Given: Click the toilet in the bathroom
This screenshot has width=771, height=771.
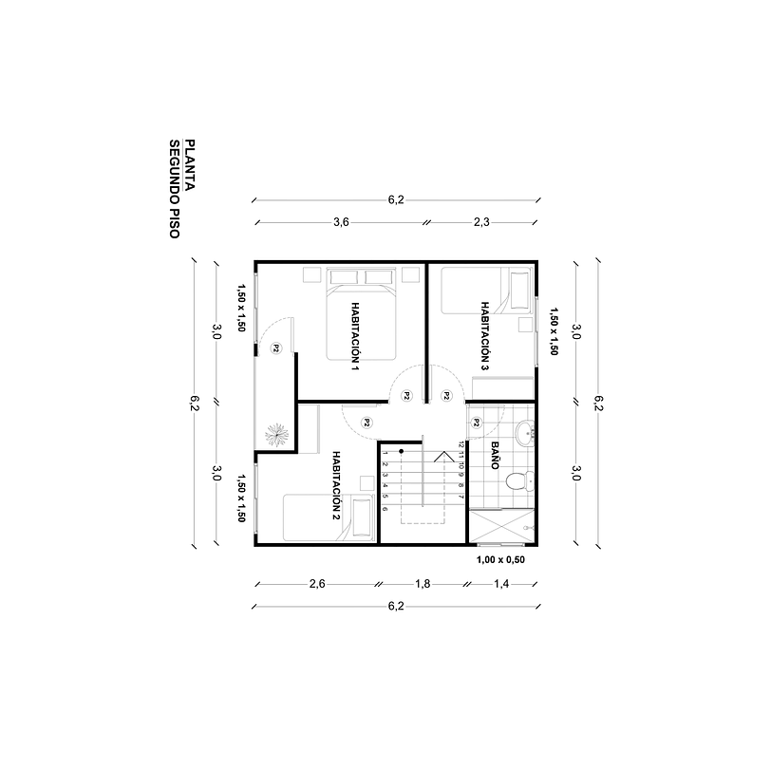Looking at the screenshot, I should tap(516, 480).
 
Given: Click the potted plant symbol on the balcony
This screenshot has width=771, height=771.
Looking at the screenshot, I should tap(276, 433).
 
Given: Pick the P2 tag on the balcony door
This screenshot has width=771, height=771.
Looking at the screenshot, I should tap(275, 348).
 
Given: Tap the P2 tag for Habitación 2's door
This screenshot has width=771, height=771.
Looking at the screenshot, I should tap(366, 423).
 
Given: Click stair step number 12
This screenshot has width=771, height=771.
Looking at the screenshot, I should tap(461, 443).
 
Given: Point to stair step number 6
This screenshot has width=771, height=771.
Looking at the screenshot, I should tap(385, 509).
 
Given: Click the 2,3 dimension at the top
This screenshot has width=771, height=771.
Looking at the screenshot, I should tap(480, 222).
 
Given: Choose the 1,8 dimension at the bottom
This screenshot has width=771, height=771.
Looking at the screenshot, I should tap(423, 585).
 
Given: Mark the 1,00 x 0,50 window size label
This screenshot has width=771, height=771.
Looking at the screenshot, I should tap(499, 560).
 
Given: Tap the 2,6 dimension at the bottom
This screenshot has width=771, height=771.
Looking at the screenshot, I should tap(317, 585).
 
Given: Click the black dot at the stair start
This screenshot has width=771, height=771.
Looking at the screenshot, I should tap(402, 451).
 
